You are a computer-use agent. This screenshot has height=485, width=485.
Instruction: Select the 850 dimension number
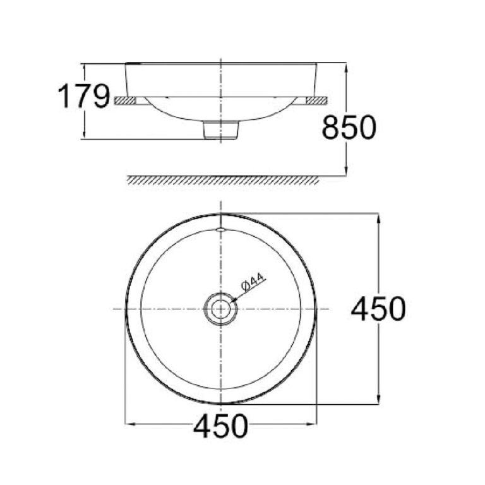tap(349, 128)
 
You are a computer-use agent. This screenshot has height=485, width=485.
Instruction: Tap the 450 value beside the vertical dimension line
tap(378, 309)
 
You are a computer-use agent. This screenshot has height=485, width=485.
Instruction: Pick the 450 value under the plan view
tap(220, 427)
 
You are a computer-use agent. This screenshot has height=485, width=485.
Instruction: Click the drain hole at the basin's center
tap(220, 309)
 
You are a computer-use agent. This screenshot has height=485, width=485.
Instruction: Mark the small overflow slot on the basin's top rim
tap(220, 229)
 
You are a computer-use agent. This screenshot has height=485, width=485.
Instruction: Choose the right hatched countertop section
tap(315, 100)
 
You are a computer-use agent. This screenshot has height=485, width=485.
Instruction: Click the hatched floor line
tap(220, 181)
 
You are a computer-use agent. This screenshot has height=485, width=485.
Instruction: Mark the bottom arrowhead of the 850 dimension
tap(346, 171)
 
